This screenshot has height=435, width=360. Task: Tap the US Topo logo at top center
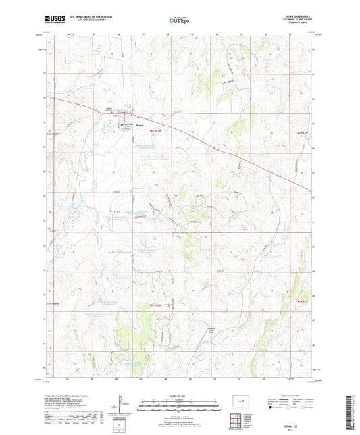point(179,21)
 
